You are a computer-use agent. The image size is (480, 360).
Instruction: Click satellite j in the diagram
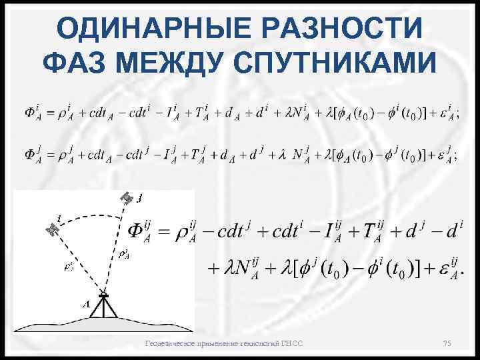click(125, 198)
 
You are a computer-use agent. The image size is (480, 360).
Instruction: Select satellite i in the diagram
click(51, 229)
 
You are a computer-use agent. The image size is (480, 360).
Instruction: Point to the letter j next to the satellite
click(140, 197)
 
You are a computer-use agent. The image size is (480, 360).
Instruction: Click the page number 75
click(447, 343)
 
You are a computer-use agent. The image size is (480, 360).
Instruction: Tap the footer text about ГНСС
click(224, 343)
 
